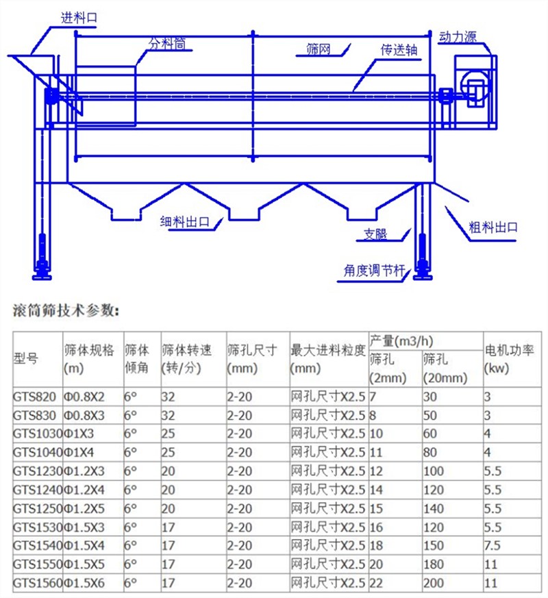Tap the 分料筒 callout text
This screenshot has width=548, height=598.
(x=169, y=44)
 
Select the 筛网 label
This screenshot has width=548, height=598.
(x=319, y=49)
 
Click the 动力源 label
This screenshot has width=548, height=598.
(x=458, y=37)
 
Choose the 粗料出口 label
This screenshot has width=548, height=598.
(x=493, y=228)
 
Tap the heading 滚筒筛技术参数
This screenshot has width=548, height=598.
(x=66, y=310)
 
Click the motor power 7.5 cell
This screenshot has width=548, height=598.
(x=493, y=546)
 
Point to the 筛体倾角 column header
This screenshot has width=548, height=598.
(x=137, y=359)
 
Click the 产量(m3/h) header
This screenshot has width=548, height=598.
(x=401, y=340)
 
